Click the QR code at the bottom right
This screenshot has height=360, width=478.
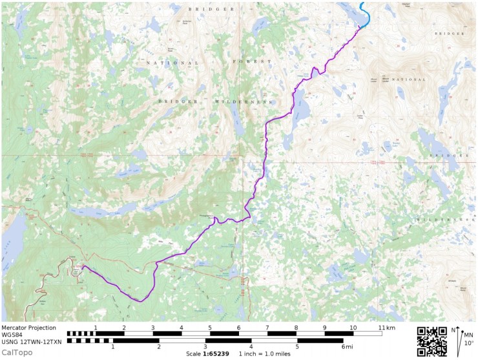pyautogui.click(x=432, y=341)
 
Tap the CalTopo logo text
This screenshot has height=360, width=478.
pyautogui.click(x=17, y=352)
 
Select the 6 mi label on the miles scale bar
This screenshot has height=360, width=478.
pyautogui.click(x=344, y=347)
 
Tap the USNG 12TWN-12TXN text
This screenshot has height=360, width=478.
pyautogui.click(x=32, y=341)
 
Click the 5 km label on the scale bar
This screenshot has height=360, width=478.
pyautogui.click(x=210, y=328)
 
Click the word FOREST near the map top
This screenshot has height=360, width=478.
pyautogui.click(x=251, y=63)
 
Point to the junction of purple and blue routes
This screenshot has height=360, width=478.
pyautogui.click(x=359, y=27)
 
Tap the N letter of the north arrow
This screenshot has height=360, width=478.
pyautogui.click(x=454, y=330)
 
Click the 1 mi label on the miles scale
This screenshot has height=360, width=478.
pyautogui.click(x=113, y=347)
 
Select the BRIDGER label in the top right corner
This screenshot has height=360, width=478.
pyautogui.click(x=450, y=33)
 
